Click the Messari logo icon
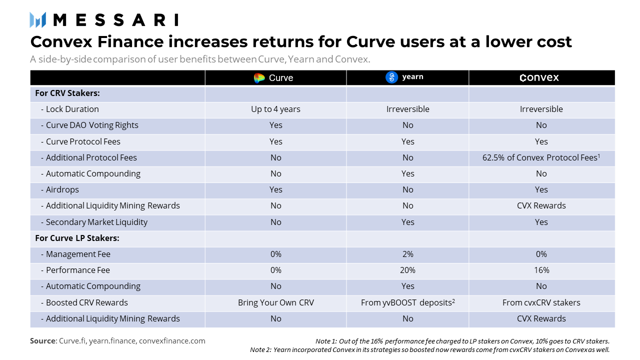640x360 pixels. (x=38, y=20)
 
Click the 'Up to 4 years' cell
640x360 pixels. (x=275, y=109)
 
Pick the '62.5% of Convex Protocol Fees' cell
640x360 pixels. (x=541, y=157)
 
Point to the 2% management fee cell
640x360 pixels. (x=407, y=254)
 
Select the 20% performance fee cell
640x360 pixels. (x=407, y=270)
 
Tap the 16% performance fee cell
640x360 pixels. (x=541, y=270)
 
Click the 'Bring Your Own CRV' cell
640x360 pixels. (x=275, y=302)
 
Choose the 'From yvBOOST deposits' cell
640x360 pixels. (x=407, y=302)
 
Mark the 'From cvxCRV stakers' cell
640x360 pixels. (x=541, y=302)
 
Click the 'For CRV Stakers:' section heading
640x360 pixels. (x=67, y=93)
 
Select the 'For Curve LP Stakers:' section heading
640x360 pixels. (x=77, y=238)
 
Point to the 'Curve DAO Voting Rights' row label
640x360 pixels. (x=92, y=125)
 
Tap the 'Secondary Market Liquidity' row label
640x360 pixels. (x=96, y=222)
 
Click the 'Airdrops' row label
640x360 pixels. (x=62, y=189)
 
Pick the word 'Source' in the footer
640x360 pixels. (x=43, y=341)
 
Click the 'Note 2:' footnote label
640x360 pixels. (x=260, y=349)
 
